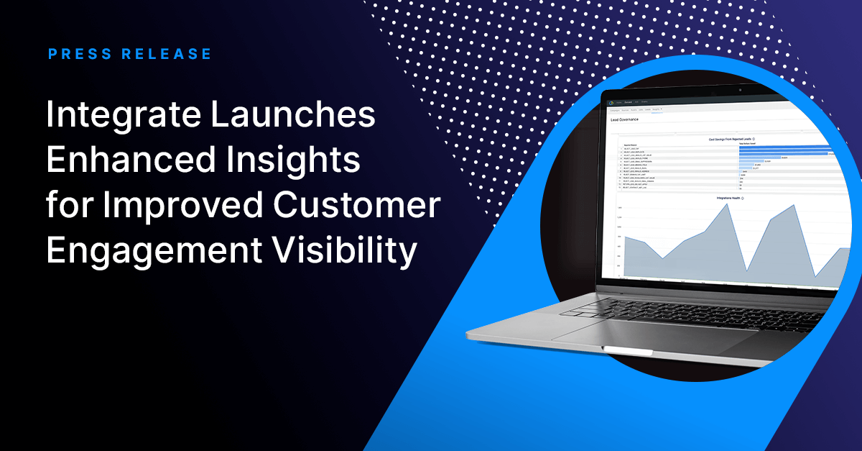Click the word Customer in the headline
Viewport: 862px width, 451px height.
[358, 206]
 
